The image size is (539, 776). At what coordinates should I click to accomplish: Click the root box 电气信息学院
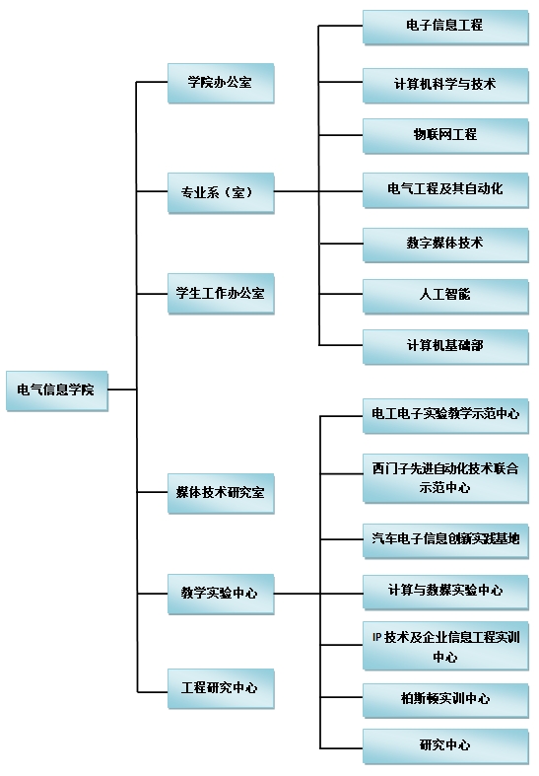(x=57, y=390)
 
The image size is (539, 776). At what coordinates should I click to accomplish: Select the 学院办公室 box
(x=221, y=83)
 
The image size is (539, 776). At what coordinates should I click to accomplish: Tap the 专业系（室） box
(x=221, y=193)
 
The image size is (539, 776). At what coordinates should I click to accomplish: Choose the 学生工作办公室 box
(x=221, y=294)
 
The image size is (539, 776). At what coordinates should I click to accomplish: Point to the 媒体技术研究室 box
(x=221, y=493)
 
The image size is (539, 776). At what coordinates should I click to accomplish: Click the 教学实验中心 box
(x=221, y=594)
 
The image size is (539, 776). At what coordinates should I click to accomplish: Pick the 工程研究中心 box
(x=221, y=688)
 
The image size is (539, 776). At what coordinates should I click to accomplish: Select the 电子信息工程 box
(x=445, y=27)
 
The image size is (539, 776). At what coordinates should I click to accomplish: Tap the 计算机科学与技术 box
(x=445, y=85)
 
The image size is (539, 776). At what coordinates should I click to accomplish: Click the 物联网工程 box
(x=445, y=136)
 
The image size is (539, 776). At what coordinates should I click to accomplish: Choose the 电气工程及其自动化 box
(x=445, y=190)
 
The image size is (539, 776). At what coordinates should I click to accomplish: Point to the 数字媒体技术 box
(x=445, y=245)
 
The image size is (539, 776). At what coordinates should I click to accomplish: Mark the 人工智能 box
(x=445, y=296)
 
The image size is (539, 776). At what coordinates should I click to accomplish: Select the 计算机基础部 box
(x=445, y=346)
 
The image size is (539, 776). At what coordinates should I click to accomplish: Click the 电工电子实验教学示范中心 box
(x=445, y=416)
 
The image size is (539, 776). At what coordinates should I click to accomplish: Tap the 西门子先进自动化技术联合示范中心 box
(x=445, y=478)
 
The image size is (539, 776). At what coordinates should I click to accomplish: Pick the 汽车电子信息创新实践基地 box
(x=445, y=541)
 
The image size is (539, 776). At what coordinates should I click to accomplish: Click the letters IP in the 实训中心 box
(x=376, y=637)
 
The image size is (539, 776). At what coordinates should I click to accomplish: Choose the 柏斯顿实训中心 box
(x=445, y=700)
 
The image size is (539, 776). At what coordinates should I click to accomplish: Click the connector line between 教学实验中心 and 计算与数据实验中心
(x=318, y=594)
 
